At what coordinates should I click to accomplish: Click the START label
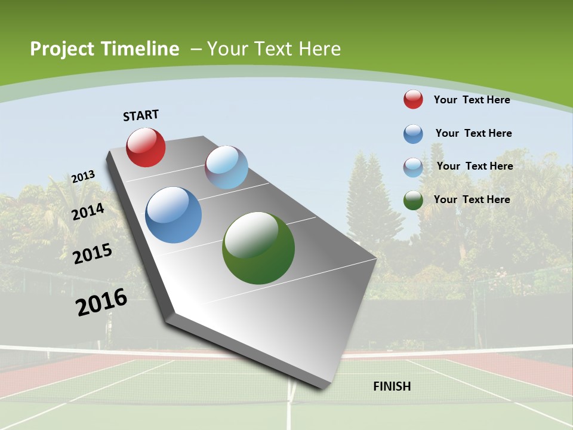click(x=141, y=115)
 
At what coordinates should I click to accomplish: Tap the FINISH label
click(x=392, y=386)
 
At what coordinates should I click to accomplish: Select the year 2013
click(x=83, y=177)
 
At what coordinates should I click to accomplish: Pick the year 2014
click(x=88, y=211)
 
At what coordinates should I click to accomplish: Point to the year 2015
click(x=93, y=253)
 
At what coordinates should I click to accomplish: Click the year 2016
click(x=101, y=302)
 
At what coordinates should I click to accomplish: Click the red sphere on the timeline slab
click(x=146, y=147)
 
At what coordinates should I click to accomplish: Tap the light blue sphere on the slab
click(x=226, y=167)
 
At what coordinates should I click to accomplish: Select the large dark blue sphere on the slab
click(x=173, y=215)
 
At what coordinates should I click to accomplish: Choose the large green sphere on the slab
click(x=258, y=248)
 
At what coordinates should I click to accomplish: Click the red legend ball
click(x=413, y=99)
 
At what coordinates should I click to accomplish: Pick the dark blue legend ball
click(x=413, y=134)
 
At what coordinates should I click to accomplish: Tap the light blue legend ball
click(x=413, y=167)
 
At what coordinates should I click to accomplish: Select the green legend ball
click(x=413, y=200)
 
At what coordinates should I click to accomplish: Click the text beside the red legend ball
click(x=472, y=100)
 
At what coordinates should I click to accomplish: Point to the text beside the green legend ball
click(x=472, y=199)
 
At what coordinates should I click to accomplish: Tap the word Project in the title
click(x=61, y=49)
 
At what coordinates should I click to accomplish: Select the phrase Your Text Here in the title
click(x=273, y=49)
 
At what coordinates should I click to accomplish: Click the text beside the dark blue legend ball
click(x=473, y=133)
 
